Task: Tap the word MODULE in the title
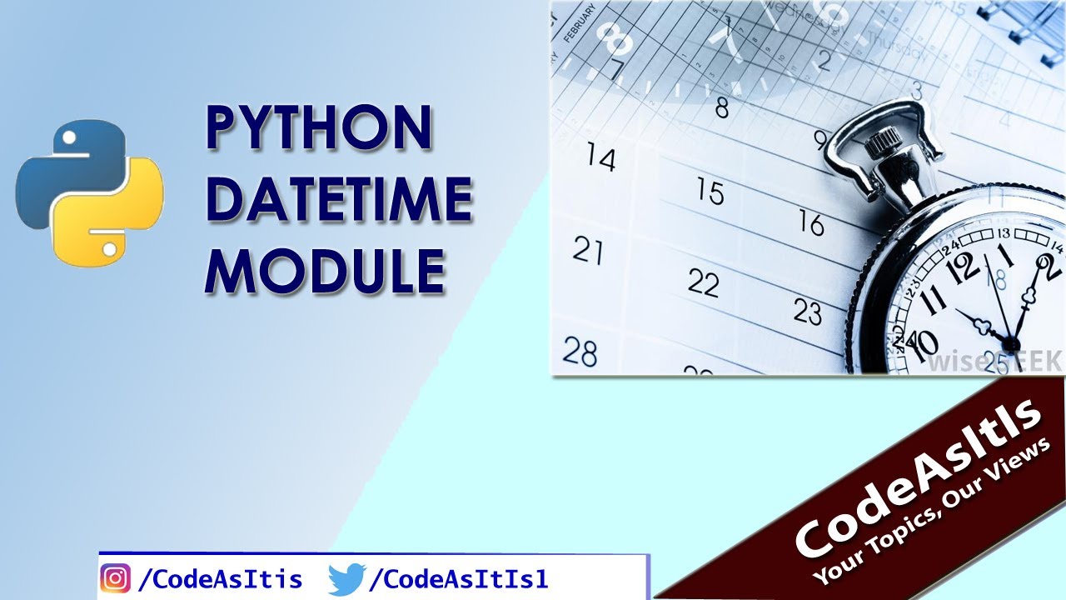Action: tap(326, 271)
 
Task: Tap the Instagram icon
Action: tap(116, 578)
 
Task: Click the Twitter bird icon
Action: tap(346, 578)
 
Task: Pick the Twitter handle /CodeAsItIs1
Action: tap(458, 578)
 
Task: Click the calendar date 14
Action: tap(600, 157)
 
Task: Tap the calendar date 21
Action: tap(588, 250)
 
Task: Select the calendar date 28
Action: tap(580, 351)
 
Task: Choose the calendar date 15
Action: tap(710, 192)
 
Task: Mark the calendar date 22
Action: tap(704, 284)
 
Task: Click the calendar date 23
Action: tap(807, 312)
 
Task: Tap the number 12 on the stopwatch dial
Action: tap(965, 268)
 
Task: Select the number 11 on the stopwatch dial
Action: tap(934, 297)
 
